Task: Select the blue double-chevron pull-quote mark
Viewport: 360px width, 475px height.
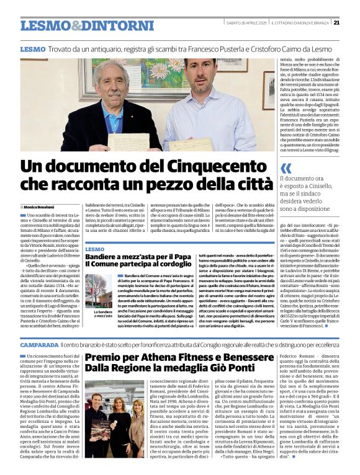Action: click(286, 168)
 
